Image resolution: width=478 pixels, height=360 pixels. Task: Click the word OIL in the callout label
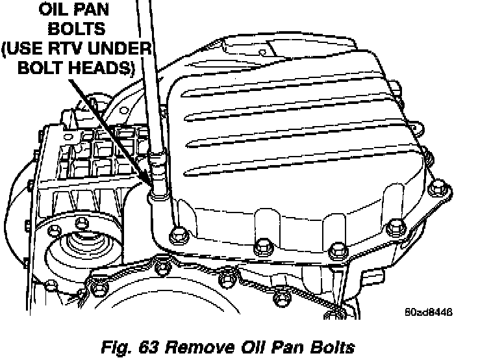click(x=56, y=10)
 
